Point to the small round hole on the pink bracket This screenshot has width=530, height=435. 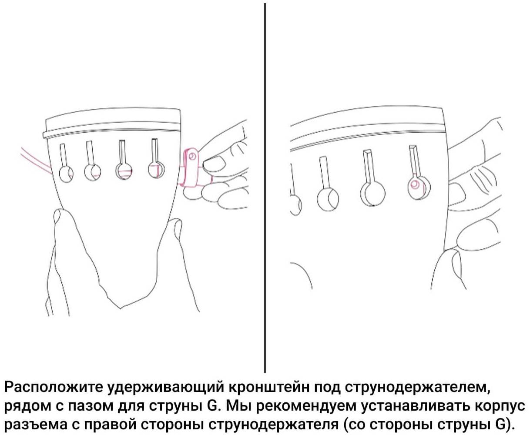[192, 157]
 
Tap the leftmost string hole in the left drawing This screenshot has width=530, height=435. [66, 174]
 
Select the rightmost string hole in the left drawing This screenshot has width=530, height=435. [156, 169]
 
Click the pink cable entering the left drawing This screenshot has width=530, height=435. [37, 161]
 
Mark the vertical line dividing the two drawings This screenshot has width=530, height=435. [265, 188]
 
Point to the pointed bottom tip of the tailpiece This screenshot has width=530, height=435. [121, 308]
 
